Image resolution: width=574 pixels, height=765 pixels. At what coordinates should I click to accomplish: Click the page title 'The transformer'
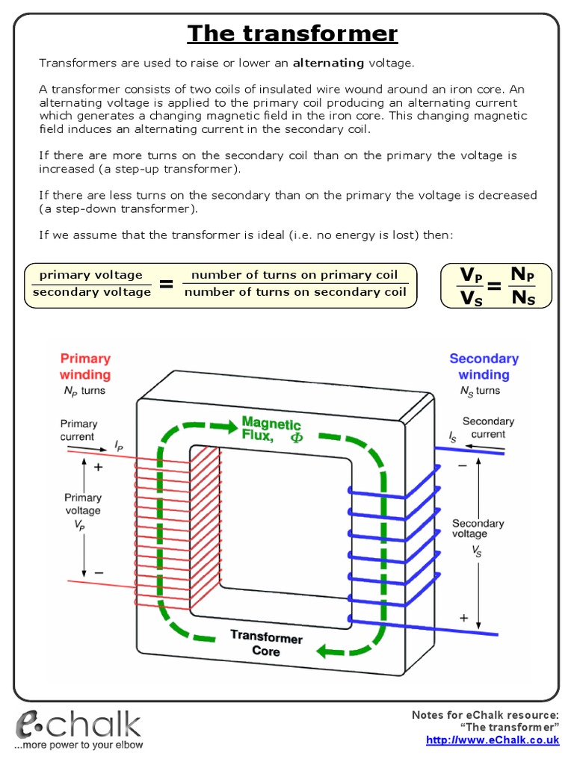coord(292,34)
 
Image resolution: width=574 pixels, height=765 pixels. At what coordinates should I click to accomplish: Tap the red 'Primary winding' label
coord(85,366)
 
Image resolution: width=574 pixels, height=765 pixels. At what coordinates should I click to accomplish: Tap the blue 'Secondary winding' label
coord(484,366)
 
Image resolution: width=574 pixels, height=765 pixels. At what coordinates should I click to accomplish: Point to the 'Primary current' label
coord(79,430)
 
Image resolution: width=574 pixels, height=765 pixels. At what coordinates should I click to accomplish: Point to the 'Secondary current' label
coord(488,427)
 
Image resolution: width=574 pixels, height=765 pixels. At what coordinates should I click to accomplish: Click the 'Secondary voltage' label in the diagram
coord(478,529)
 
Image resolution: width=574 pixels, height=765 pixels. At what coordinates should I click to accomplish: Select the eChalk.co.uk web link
coord(493,740)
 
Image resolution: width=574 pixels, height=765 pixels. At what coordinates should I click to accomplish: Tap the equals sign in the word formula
coord(167,285)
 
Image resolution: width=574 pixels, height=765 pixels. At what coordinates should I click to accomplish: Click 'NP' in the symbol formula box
coord(522,275)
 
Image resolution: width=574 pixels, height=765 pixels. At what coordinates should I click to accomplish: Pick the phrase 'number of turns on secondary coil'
coord(295,292)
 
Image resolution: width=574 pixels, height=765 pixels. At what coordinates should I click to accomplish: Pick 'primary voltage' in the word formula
coord(90,275)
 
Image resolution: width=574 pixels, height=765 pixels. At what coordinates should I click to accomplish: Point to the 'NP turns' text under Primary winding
coord(84,391)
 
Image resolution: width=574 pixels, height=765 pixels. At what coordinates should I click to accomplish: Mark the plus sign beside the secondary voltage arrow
coord(463,618)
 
